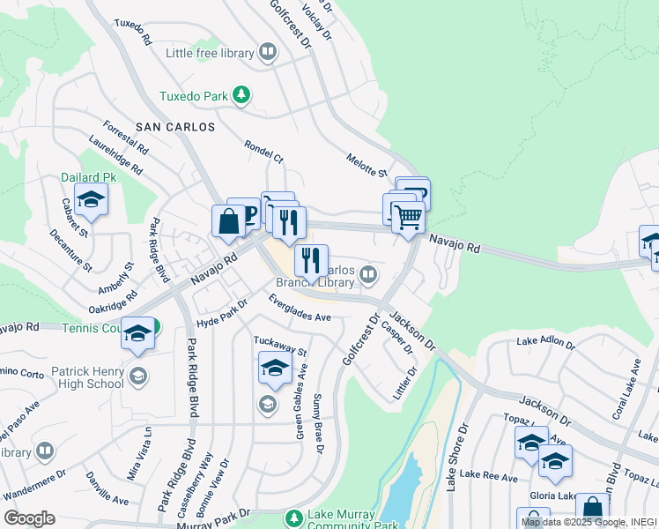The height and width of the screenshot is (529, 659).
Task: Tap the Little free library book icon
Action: tap(267, 53)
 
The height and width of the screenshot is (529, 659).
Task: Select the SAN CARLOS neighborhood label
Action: tap(175, 127)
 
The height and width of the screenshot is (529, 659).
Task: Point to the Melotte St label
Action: tap(367, 164)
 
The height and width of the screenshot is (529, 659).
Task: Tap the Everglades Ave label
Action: tap(300, 311)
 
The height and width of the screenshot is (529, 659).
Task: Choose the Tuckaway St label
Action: tap(279, 346)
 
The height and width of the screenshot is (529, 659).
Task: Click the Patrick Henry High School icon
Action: tap(137, 377)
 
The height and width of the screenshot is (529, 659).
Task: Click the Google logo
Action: tap(29, 518)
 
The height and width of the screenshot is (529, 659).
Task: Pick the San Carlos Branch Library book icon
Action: tap(367, 274)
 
